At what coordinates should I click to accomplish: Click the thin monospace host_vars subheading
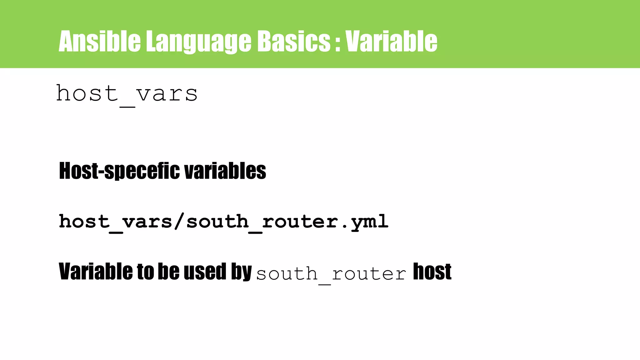[x=127, y=93]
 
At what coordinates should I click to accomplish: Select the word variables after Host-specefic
[x=225, y=171]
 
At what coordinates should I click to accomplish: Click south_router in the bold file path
[x=262, y=221]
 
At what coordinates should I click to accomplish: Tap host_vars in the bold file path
[x=116, y=221]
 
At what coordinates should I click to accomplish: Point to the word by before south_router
[x=241, y=272]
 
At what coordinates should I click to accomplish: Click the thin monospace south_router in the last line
[x=331, y=274]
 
